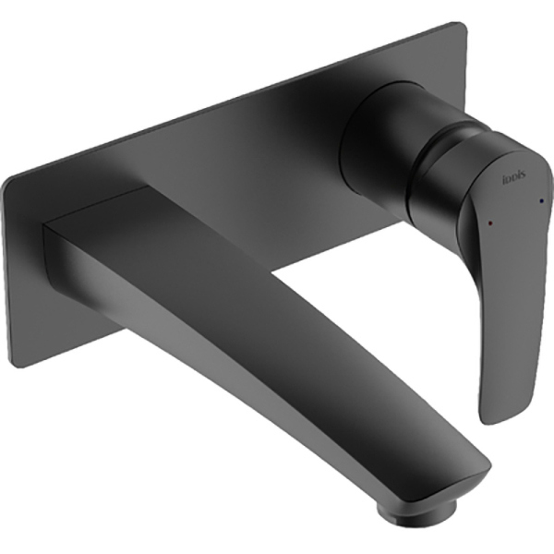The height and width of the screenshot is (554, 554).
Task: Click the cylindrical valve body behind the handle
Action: (x=374, y=138)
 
